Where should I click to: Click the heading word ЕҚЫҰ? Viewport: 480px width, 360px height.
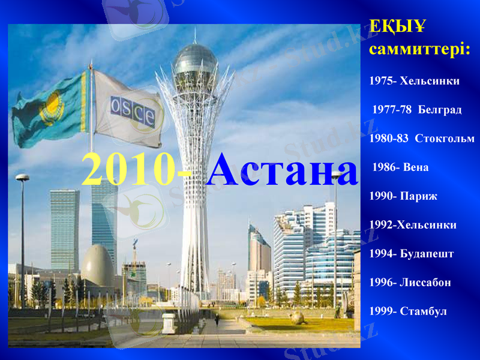point(397,26)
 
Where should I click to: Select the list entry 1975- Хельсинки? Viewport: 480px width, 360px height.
point(414,80)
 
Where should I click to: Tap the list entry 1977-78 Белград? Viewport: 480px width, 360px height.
point(417,110)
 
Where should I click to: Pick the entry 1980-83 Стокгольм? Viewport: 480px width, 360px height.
point(422,139)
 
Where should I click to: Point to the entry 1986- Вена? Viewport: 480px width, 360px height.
point(400,167)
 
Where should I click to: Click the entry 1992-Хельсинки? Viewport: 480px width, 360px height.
point(413,225)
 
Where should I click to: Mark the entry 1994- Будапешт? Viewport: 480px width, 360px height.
point(411,254)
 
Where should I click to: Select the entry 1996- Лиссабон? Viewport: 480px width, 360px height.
point(410,283)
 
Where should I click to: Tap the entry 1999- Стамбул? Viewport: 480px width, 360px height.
point(408,311)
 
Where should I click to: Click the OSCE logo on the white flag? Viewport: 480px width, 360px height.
point(132,110)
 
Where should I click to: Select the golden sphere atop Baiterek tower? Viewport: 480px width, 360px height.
point(195,60)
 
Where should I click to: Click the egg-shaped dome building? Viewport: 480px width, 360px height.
point(97,265)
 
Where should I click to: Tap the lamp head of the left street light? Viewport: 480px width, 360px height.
point(22,178)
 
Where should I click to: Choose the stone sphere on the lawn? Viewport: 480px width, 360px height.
point(298,317)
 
